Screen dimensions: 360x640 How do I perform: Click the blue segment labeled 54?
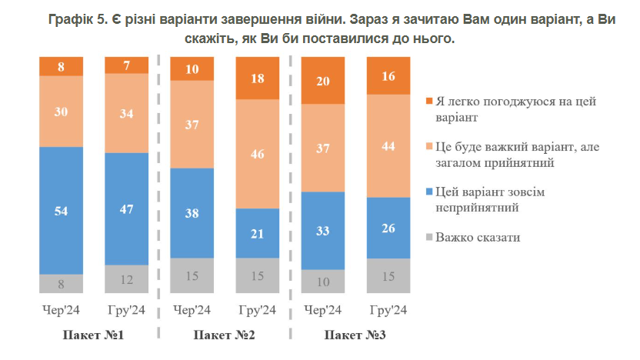pos(61,210)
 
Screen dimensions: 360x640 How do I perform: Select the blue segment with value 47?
pos(126,208)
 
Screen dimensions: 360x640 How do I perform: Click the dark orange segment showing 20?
pos(322,81)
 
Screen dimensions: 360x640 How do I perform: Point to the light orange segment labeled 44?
pos(388,145)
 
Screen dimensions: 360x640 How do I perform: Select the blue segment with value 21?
pos(258,233)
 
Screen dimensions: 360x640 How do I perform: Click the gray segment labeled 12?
pos(126,278)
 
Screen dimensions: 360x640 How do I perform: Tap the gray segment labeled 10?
pos(322,281)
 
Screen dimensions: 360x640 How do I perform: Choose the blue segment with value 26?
pos(388,228)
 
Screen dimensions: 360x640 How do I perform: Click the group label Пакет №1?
pos(93,335)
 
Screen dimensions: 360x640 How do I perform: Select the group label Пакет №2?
pos(224,335)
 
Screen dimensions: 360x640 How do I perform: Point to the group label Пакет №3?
pos(355,335)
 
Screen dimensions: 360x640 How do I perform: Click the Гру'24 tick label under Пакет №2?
pos(258,311)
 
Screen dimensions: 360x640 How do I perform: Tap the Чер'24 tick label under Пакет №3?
pos(322,311)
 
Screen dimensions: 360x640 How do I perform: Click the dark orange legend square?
pos(428,102)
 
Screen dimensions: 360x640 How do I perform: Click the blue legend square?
pos(428,192)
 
